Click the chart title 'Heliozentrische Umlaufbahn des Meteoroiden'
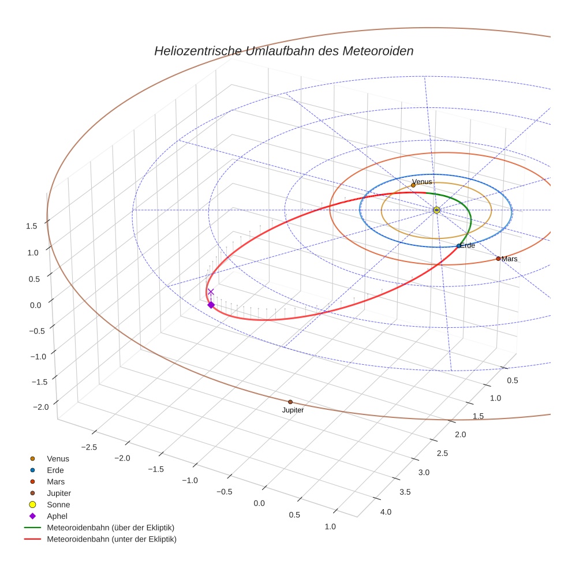(x=283, y=51)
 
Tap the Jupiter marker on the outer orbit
(x=290, y=402)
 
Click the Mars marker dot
(x=498, y=259)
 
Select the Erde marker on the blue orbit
(x=459, y=246)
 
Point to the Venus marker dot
(x=413, y=185)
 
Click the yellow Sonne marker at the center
(x=437, y=210)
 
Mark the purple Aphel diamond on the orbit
(x=211, y=305)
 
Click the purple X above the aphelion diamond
(x=211, y=292)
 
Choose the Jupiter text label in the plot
(x=293, y=410)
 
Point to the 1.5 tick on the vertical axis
(x=32, y=226)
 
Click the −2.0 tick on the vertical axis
(x=40, y=407)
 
